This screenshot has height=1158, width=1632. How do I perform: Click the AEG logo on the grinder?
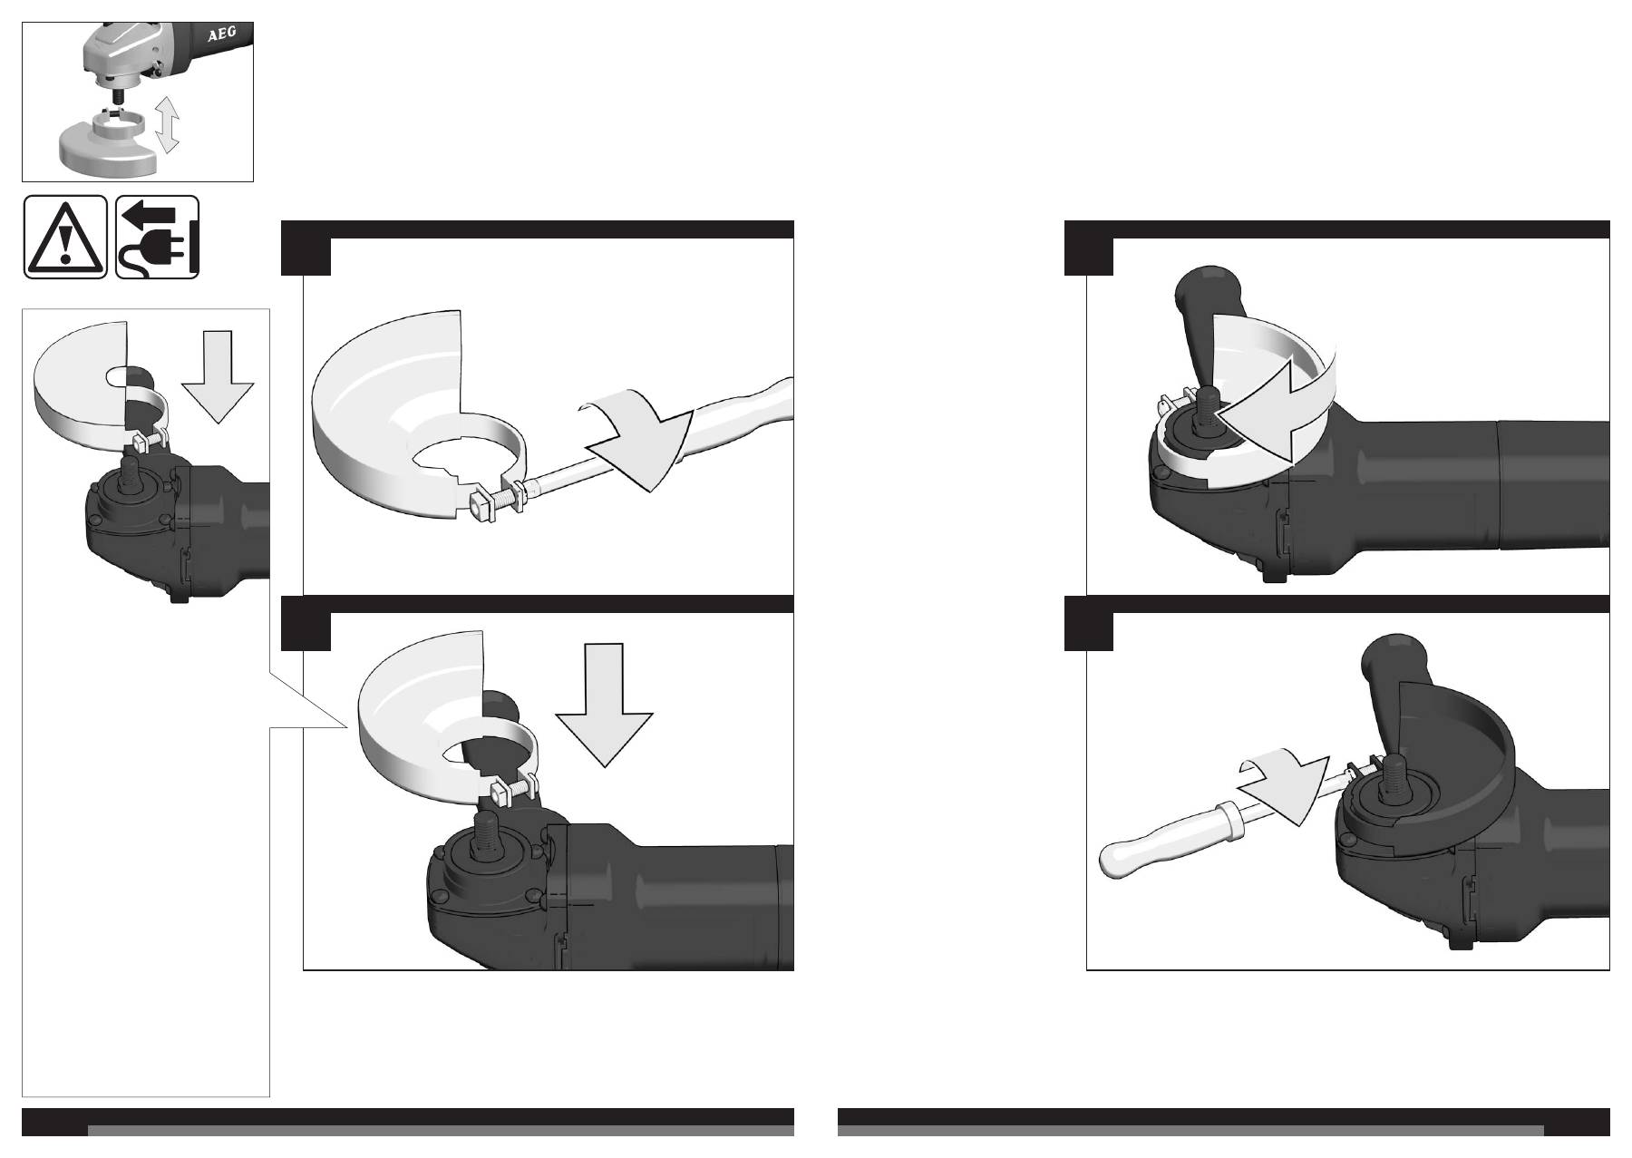click(222, 36)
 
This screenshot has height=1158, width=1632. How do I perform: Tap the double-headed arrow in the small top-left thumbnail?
click(167, 124)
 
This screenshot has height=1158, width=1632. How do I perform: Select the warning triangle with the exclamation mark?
click(65, 238)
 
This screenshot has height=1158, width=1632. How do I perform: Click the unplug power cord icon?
click(158, 238)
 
